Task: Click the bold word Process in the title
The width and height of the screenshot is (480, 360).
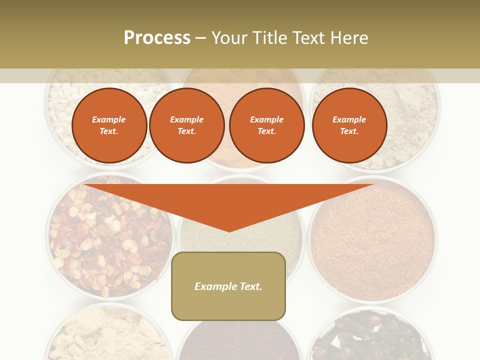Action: point(157,37)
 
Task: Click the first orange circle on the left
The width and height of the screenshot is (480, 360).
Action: point(109,125)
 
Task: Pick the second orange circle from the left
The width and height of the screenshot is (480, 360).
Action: point(187,125)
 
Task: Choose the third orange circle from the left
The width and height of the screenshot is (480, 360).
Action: point(267,125)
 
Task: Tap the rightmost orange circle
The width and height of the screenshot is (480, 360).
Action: point(349,125)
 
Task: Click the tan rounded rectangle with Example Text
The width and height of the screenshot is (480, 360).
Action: point(228,286)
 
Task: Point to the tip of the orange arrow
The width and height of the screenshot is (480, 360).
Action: point(229,231)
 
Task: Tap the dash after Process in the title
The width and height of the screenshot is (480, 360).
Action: point(201,38)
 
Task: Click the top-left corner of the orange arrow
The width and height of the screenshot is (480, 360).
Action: point(84,185)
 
